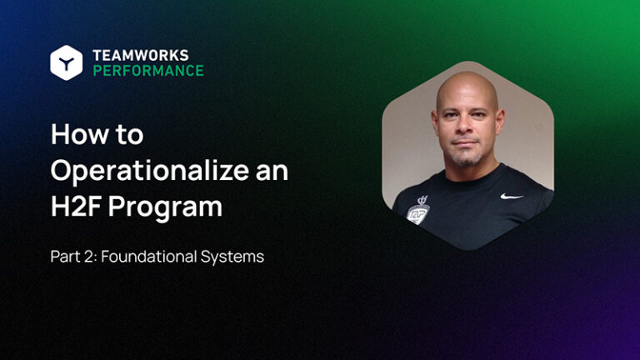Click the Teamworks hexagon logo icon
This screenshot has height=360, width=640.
pyautogui.click(x=66, y=62)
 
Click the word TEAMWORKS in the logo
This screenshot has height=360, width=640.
pyautogui.click(x=141, y=55)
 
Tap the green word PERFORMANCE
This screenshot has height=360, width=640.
pyautogui.click(x=147, y=71)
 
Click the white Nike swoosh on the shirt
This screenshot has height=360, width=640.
pyautogui.click(x=512, y=197)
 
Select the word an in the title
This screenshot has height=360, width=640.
pyautogui.click(x=273, y=171)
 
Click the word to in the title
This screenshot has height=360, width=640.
pyautogui.click(x=128, y=134)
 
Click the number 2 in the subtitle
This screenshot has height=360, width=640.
pyautogui.click(x=85, y=257)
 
